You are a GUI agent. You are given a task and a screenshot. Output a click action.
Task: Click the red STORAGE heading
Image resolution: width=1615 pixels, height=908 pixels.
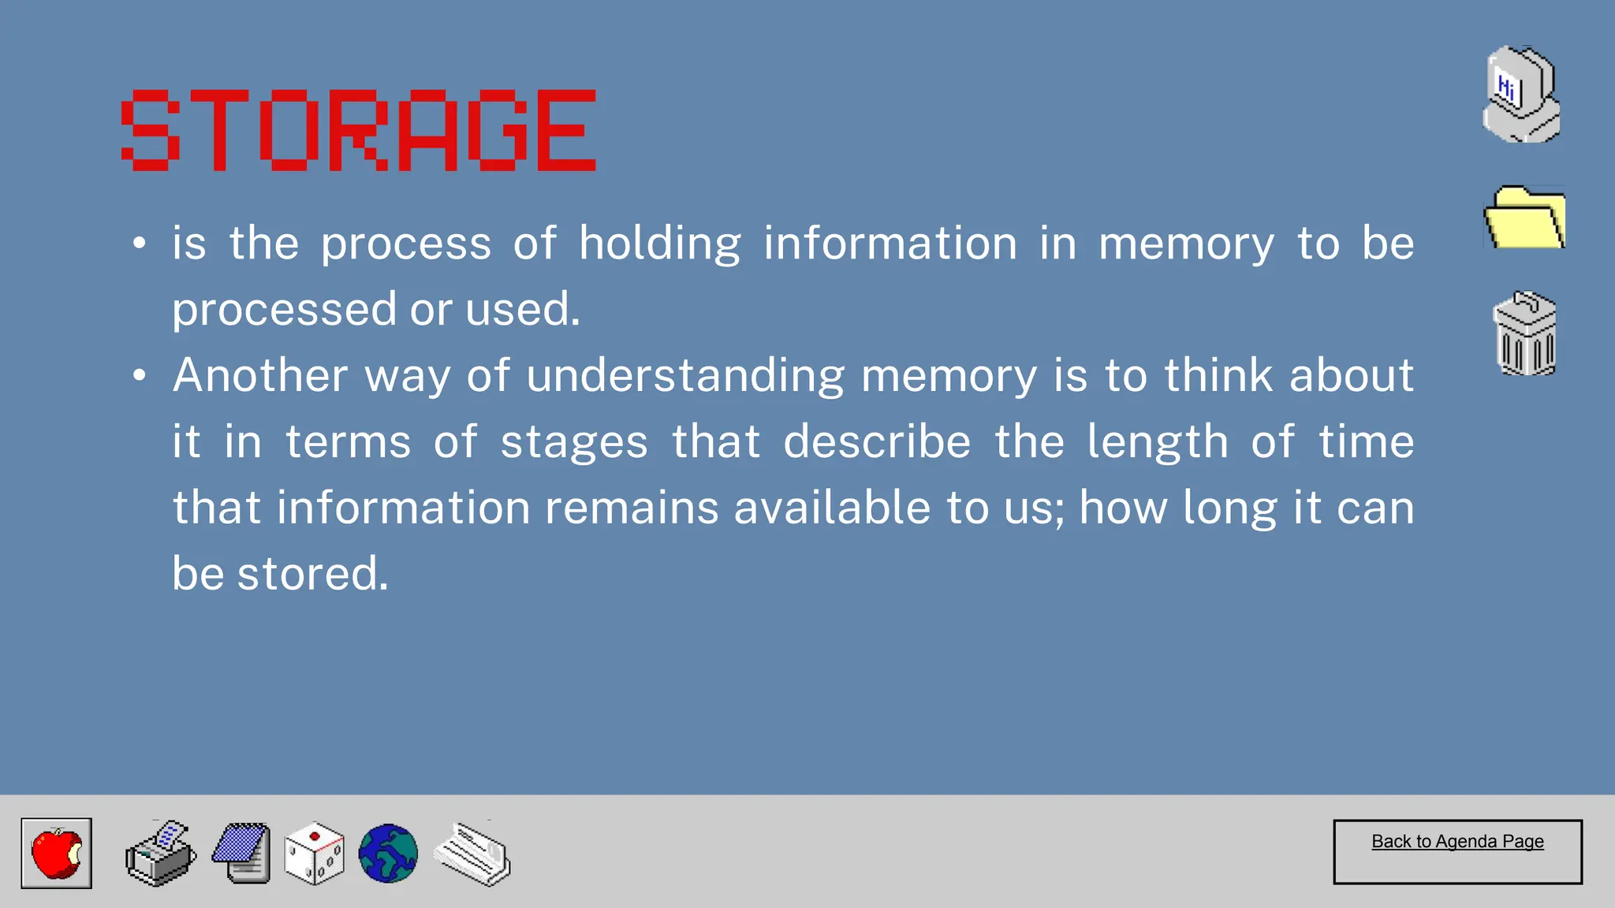tap(359, 130)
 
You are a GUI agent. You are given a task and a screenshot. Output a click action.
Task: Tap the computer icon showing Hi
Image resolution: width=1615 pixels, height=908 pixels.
tap(1521, 95)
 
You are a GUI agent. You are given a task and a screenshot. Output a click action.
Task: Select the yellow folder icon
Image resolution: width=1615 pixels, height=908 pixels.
tap(1524, 218)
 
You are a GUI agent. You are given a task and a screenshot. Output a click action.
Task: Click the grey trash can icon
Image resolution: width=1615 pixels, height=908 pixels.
tap(1525, 333)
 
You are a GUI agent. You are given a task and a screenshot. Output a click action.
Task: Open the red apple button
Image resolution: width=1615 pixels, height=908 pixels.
tap(56, 853)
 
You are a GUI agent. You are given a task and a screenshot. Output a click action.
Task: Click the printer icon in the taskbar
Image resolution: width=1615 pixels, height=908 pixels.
tap(161, 854)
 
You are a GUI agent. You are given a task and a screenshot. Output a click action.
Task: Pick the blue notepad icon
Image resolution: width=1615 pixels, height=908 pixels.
tap(242, 854)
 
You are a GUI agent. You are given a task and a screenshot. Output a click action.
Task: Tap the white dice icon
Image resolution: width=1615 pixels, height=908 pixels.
tap(314, 854)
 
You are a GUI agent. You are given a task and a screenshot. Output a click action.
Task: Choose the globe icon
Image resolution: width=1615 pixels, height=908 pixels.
tap(388, 854)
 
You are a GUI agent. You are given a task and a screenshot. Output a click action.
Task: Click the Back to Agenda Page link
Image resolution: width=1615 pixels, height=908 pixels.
tap(1457, 842)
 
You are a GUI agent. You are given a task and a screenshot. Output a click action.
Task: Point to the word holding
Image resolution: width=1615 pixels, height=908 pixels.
tap(660, 244)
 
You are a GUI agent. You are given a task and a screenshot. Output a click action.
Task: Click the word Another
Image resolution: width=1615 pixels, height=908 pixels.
tap(260, 375)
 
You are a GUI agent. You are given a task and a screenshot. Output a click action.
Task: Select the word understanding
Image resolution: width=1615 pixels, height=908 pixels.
tap(685, 376)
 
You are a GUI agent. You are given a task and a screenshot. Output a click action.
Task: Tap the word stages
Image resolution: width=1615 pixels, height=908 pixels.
tap(574, 442)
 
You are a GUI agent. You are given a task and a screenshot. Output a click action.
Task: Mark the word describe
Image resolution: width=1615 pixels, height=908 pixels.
tap(877, 441)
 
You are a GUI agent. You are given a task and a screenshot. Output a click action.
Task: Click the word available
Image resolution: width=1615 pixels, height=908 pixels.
tap(832, 508)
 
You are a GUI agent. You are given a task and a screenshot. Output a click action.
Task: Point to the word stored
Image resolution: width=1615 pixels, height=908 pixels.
tap(312, 574)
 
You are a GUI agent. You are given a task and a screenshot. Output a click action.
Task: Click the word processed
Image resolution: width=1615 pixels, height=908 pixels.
tap(284, 310)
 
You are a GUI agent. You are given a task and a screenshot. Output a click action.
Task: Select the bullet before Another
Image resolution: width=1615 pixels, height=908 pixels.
tap(140, 375)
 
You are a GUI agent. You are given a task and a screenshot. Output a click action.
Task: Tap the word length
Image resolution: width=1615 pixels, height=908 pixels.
tap(1158, 442)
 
